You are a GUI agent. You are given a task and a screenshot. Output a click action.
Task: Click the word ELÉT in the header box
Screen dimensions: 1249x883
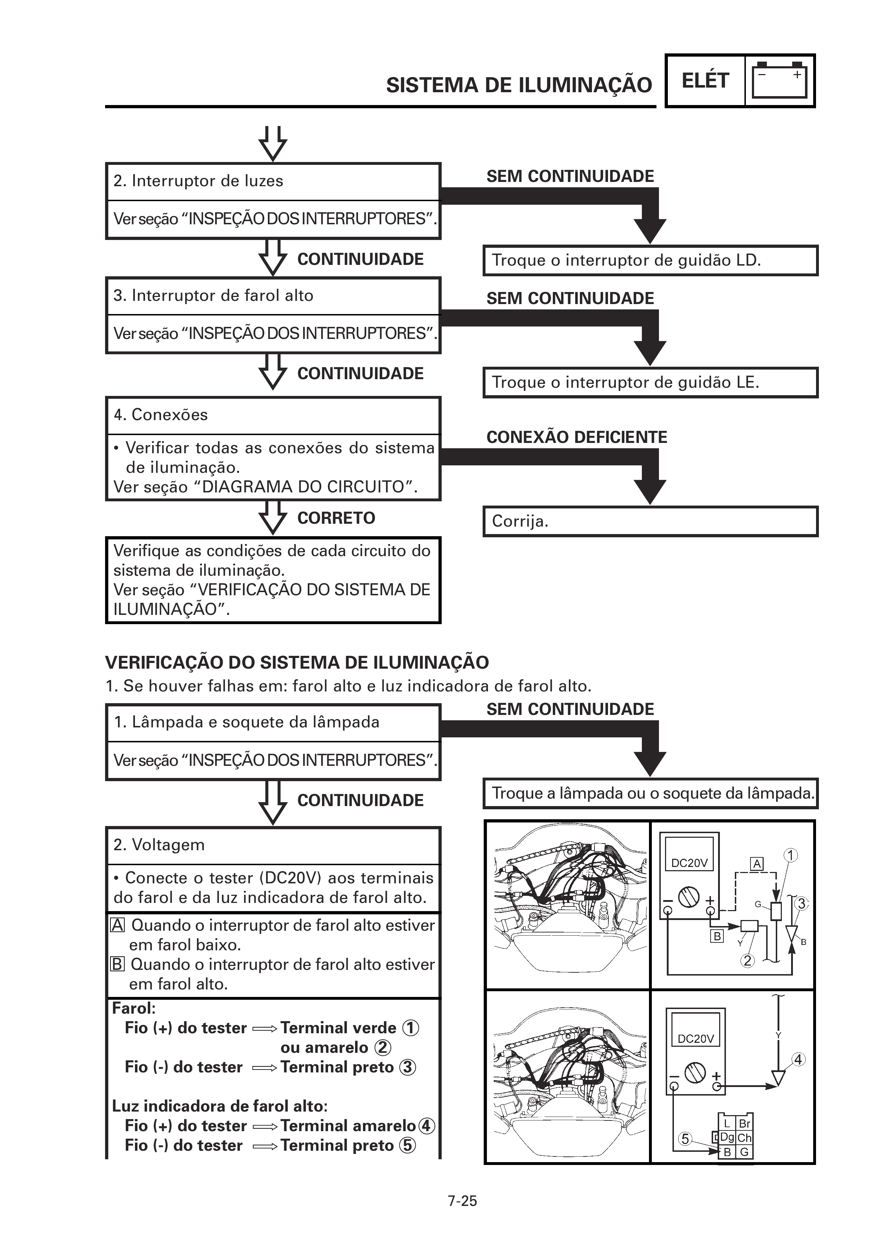pos(705,80)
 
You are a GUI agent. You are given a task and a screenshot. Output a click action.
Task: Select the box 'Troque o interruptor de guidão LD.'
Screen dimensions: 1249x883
pos(650,261)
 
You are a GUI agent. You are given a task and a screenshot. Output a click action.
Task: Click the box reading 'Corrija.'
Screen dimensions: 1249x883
pos(650,522)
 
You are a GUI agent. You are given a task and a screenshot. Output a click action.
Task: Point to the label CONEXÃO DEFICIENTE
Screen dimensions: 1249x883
pos(576,437)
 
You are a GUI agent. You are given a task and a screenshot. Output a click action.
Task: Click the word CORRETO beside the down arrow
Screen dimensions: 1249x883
pos(336,518)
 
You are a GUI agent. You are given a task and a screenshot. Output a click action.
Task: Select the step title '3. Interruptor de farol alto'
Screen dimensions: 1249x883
pos(213,296)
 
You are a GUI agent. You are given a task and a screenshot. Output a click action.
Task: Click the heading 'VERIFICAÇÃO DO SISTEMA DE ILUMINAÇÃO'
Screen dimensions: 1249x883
pos(296,663)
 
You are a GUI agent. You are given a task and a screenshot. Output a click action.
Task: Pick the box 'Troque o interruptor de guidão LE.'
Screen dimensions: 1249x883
pos(650,382)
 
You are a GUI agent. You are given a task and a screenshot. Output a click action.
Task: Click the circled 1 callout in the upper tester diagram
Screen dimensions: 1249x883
pos(790,856)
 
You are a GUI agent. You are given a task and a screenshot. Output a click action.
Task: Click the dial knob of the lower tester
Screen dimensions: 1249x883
pos(695,1073)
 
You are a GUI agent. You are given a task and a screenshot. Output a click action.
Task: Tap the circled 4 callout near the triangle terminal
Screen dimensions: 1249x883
pos(798,1060)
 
